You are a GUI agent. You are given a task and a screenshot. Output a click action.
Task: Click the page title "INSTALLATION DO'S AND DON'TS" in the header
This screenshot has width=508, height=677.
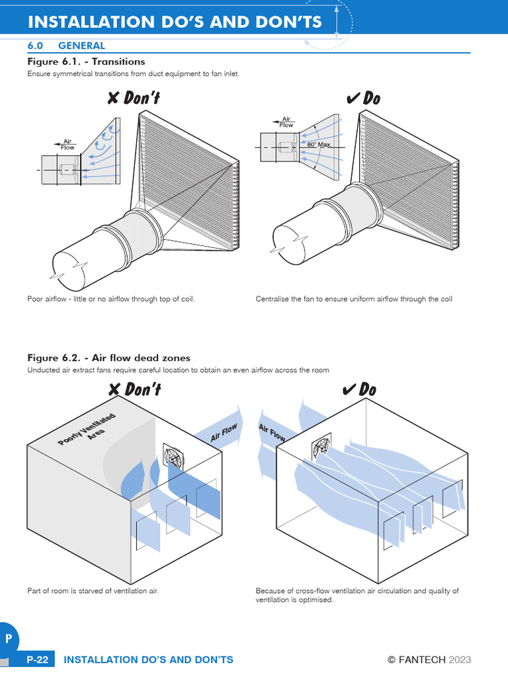click(x=175, y=22)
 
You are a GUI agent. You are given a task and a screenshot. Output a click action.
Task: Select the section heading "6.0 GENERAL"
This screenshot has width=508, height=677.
click(x=65, y=46)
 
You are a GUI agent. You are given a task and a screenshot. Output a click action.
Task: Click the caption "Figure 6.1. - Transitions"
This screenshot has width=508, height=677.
click(x=85, y=61)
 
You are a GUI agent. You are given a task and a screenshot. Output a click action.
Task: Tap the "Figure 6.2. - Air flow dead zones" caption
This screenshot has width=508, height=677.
click(x=108, y=358)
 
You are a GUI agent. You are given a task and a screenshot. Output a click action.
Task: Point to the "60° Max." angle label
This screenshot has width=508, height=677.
click(x=319, y=144)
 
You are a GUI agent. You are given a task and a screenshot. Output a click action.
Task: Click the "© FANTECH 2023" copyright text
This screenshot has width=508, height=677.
click(x=429, y=660)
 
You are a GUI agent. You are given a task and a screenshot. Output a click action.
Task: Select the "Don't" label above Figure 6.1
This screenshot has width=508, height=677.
click(x=134, y=99)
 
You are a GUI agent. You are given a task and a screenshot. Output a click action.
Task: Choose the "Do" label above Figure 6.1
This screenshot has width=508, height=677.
click(x=363, y=99)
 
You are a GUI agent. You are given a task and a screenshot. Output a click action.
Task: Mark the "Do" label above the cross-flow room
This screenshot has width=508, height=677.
click(x=360, y=389)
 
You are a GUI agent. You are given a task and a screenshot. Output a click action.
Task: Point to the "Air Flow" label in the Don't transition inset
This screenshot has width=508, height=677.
click(x=67, y=144)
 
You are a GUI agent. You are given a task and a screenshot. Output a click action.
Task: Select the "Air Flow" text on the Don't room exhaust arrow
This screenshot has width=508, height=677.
click(x=224, y=434)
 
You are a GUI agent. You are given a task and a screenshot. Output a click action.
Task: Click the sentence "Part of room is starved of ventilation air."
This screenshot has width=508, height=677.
click(x=93, y=590)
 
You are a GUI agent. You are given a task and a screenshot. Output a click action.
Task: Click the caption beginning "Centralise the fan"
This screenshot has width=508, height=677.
click(x=354, y=299)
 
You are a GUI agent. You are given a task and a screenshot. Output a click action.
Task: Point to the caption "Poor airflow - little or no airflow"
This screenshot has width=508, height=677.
click(x=111, y=299)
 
